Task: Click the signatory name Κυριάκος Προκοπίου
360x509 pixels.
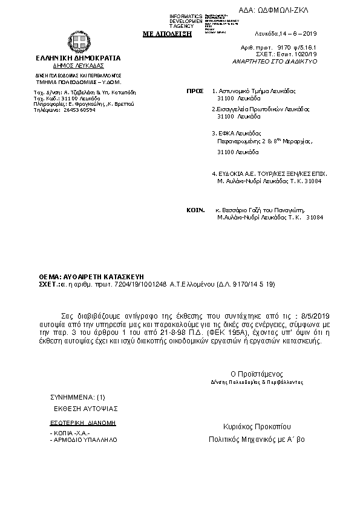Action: click(x=257, y=426)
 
